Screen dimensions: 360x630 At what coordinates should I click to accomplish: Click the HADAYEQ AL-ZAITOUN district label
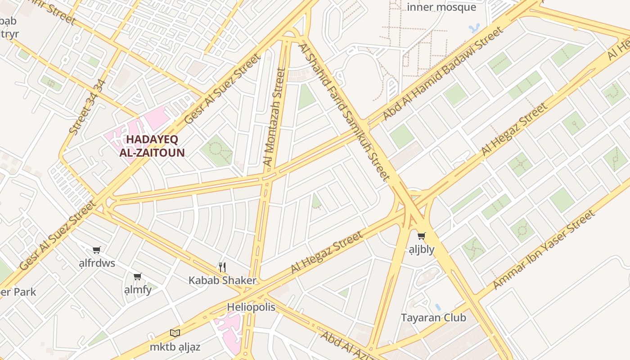[152, 146]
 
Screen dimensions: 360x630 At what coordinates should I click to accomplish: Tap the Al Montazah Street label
[274, 117]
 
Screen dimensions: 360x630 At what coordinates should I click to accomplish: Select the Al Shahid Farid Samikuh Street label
[344, 112]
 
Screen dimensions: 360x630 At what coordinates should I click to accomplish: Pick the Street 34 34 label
[88, 107]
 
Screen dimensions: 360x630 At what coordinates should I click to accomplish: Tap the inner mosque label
[441, 7]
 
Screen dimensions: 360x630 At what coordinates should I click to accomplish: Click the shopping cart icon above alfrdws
[96, 250]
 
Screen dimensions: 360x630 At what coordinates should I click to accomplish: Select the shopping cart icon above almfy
[137, 276]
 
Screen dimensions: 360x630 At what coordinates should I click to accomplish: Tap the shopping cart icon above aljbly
[421, 236]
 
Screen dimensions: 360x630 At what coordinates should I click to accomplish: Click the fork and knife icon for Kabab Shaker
[222, 267]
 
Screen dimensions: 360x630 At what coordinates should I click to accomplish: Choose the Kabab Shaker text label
[222, 280]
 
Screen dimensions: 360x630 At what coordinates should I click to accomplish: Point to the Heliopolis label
[251, 307]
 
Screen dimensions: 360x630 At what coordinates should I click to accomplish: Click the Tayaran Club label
[433, 318]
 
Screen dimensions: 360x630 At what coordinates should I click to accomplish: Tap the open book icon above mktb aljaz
[175, 333]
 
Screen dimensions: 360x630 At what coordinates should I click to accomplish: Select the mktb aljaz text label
[175, 347]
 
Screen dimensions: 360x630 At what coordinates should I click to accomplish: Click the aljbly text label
[421, 249]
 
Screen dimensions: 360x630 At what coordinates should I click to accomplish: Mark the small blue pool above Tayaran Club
[438, 307]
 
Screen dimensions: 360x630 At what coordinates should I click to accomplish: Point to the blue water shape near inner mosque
[474, 28]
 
